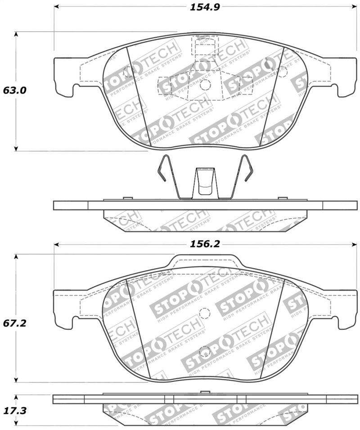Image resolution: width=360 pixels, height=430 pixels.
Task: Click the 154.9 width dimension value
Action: pos(204,7)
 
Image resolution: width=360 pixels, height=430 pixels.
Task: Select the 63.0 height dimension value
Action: pos(15,90)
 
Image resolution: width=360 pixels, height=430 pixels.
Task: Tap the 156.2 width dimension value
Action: pos(204,244)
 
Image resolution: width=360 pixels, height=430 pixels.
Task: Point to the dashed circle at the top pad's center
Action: pos(204,85)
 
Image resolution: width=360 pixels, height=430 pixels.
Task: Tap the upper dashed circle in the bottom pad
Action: pos(204,313)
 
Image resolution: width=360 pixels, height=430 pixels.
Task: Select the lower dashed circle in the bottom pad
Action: pos(204,350)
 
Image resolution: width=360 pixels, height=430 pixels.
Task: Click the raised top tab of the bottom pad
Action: pos(205,261)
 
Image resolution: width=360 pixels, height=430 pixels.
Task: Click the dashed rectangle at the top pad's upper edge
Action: pos(204,45)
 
